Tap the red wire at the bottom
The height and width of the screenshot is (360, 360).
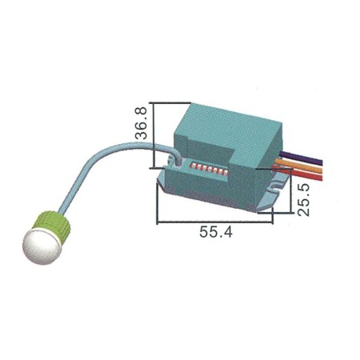coord(302,179)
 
